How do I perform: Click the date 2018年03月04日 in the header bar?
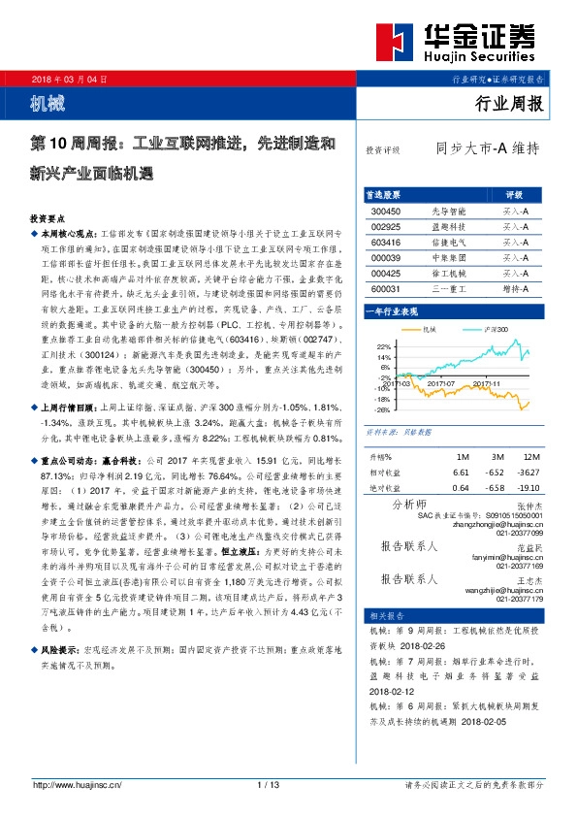69,77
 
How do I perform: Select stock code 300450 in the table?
386,211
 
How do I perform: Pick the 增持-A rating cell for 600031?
514,288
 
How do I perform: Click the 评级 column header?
514,194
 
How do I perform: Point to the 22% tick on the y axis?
382,346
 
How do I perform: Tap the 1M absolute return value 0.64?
460,487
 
